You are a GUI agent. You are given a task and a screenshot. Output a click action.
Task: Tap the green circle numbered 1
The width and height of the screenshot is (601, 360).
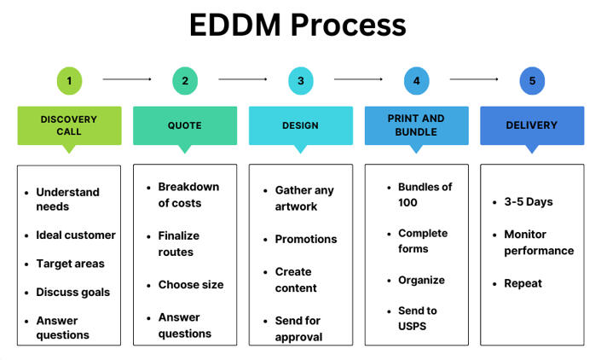pos(69,81)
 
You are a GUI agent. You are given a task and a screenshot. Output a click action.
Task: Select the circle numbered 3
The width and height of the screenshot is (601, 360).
pos(300,81)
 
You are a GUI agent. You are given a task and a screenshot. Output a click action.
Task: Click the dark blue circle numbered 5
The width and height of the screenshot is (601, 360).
pos(532,81)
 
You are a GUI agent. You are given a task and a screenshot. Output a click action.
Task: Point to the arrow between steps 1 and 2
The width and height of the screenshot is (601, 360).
pos(127,79)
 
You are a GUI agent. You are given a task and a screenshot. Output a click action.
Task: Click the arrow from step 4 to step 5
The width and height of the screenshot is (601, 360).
pos(474,79)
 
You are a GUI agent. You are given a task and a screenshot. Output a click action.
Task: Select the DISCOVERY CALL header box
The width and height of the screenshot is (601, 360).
pos(69,125)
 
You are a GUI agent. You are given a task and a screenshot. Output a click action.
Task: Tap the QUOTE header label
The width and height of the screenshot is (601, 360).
pos(185,125)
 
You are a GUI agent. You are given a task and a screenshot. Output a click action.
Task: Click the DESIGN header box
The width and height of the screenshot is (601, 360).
pos(300,125)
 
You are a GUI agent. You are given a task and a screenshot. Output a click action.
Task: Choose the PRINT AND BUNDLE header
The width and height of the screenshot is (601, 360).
pos(416,125)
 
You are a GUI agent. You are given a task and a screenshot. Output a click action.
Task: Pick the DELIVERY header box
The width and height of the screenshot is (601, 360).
pos(532,125)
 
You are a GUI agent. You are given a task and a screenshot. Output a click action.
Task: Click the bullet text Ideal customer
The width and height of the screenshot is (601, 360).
pos(75,235)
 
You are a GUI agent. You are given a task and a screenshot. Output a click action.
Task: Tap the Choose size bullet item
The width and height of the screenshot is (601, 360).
pos(192,285)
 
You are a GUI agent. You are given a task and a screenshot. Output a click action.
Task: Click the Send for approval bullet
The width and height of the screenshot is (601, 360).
pos(298,328)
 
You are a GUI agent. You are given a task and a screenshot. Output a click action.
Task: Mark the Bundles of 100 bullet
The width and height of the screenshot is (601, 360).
pos(425,194)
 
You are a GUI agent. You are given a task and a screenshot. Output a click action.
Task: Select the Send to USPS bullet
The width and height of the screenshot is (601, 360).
pos(418,318)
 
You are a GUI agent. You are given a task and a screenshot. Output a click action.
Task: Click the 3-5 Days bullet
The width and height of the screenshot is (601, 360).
pos(528,202)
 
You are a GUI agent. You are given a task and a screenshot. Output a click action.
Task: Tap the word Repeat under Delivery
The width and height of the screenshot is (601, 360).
pos(523,283)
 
